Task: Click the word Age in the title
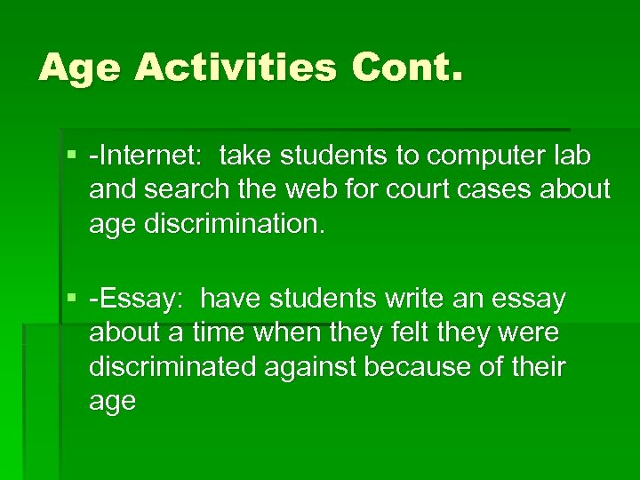coord(81,67)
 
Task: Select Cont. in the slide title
coord(407,67)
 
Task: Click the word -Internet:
coord(145,156)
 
